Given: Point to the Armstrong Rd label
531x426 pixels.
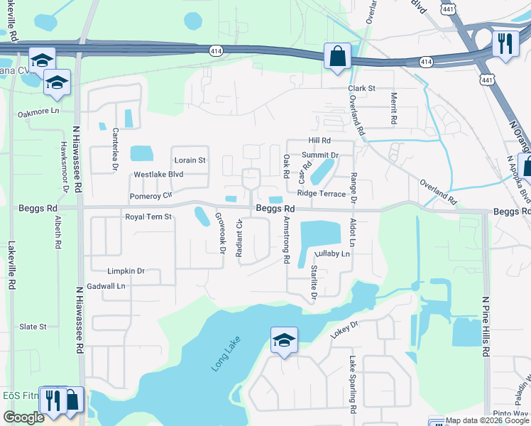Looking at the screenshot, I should (x=286, y=239).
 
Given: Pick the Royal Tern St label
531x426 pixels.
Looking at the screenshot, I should (x=148, y=217).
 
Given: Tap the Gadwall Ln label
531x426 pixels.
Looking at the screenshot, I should (x=106, y=285).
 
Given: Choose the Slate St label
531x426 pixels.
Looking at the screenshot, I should (x=33, y=327).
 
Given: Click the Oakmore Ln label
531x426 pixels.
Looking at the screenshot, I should (x=38, y=113).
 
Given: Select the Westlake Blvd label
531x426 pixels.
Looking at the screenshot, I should (x=158, y=175).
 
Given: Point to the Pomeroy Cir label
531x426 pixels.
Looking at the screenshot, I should (x=151, y=195).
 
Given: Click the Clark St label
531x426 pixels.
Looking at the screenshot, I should (x=361, y=88).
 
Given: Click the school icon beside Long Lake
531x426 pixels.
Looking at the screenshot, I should (x=283, y=341).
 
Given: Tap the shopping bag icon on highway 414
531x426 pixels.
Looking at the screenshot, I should (x=336, y=56).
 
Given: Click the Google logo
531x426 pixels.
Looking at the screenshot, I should (x=23, y=417).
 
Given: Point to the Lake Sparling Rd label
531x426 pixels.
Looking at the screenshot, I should (x=351, y=386).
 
